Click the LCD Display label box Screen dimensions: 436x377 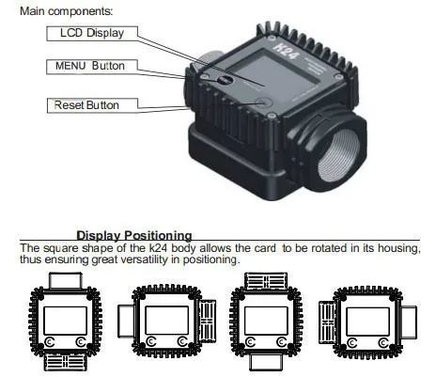click(92, 34)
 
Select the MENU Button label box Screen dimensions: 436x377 click(92, 67)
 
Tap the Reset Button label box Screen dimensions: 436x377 click(92, 105)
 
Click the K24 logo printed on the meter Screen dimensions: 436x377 click(286, 51)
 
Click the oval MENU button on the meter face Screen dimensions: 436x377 click(225, 80)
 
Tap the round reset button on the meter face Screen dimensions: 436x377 click(263, 102)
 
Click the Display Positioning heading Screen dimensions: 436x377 click(134, 235)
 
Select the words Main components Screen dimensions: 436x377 click(66, 11)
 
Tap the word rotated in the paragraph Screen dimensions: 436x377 click(329, 248)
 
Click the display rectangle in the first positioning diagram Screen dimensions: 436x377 click(65, 321)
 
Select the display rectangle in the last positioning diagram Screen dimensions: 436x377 click(367, 322)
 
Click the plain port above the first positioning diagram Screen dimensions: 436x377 click(65, 280)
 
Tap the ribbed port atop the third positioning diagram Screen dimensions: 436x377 click(266, 281)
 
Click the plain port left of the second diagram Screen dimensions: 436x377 click(126, 322)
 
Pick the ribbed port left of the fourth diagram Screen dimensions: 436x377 click(327, 322)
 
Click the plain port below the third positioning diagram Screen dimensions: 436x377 click(266, 362)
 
